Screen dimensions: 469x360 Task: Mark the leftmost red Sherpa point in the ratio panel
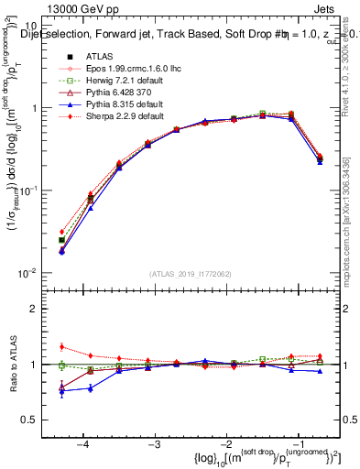61,346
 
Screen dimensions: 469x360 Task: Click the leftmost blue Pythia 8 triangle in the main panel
61,251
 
